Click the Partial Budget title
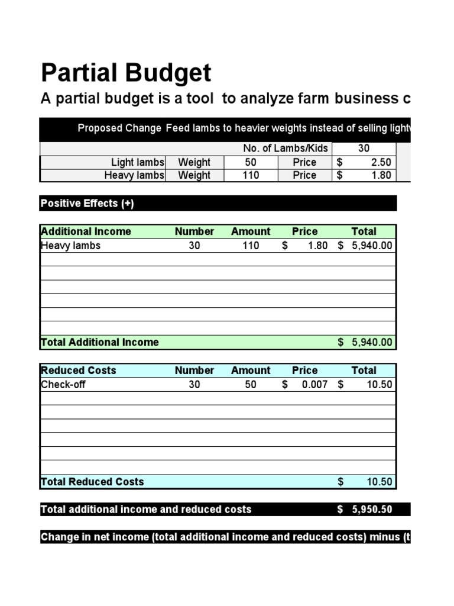click(126, 73)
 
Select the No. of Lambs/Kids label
click(285, 149)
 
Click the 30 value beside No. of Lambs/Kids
click(364, 149)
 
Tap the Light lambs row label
click(138, 162)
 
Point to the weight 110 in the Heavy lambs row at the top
click(251, 175)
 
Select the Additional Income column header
click(86, 231)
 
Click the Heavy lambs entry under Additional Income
click(70, 246)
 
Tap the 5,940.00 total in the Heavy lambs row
click(371, 246)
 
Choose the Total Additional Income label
click(99, 342)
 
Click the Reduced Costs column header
click(78, 370)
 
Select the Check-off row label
click(63, 385)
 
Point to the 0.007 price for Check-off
click(314, 385)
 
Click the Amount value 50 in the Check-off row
click(251, 385)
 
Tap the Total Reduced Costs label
click(92, 482)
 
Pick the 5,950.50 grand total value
click(371, 510)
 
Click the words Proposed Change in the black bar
click(119, 128)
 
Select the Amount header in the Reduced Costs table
click(251, 370)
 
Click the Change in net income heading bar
click(225, 537)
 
